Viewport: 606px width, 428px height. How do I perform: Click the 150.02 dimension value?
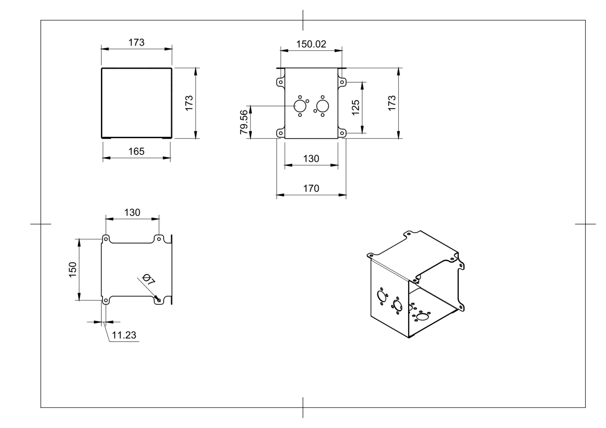pos(311,44)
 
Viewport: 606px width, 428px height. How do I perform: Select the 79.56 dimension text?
pos(244,122)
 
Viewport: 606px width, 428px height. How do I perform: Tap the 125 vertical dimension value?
pos(356,107)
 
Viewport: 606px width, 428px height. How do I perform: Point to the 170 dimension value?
pos(311,189)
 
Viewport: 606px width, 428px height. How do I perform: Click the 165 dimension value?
pos(136,151)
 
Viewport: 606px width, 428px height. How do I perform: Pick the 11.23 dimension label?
pos(124,335)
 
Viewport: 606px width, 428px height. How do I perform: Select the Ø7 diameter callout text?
pos(148,279)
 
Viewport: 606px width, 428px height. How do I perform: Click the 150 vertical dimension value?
pos(72,270)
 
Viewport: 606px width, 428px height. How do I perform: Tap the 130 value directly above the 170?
pos(311,159)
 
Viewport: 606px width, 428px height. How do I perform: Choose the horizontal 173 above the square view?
pos(136,42)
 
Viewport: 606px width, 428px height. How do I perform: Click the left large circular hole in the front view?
pos(300,106)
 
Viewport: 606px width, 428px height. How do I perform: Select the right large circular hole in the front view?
pos(322,106)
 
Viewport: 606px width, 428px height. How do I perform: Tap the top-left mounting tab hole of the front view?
pos(280,82)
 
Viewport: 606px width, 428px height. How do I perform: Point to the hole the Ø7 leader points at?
pos(159,300)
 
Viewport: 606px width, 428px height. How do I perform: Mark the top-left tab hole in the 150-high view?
pos(106,239)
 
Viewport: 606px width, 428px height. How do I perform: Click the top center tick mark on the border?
pos(303,20)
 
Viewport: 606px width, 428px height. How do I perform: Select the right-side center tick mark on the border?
pos(585,224)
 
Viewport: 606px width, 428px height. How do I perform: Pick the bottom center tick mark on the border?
pos(303,407)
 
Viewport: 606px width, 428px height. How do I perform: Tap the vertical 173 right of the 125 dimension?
pos(391,103)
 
